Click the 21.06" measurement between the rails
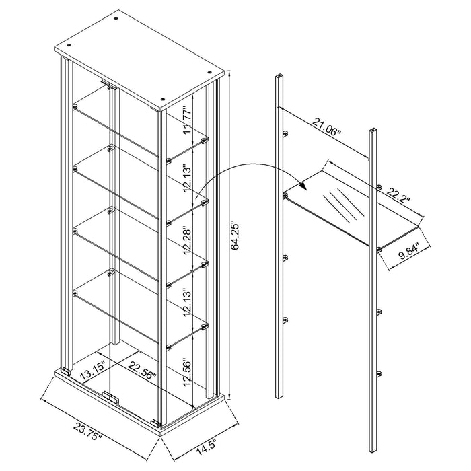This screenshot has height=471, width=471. click(x=326, y=126)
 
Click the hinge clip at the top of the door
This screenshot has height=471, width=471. click(x=108, y=85)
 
